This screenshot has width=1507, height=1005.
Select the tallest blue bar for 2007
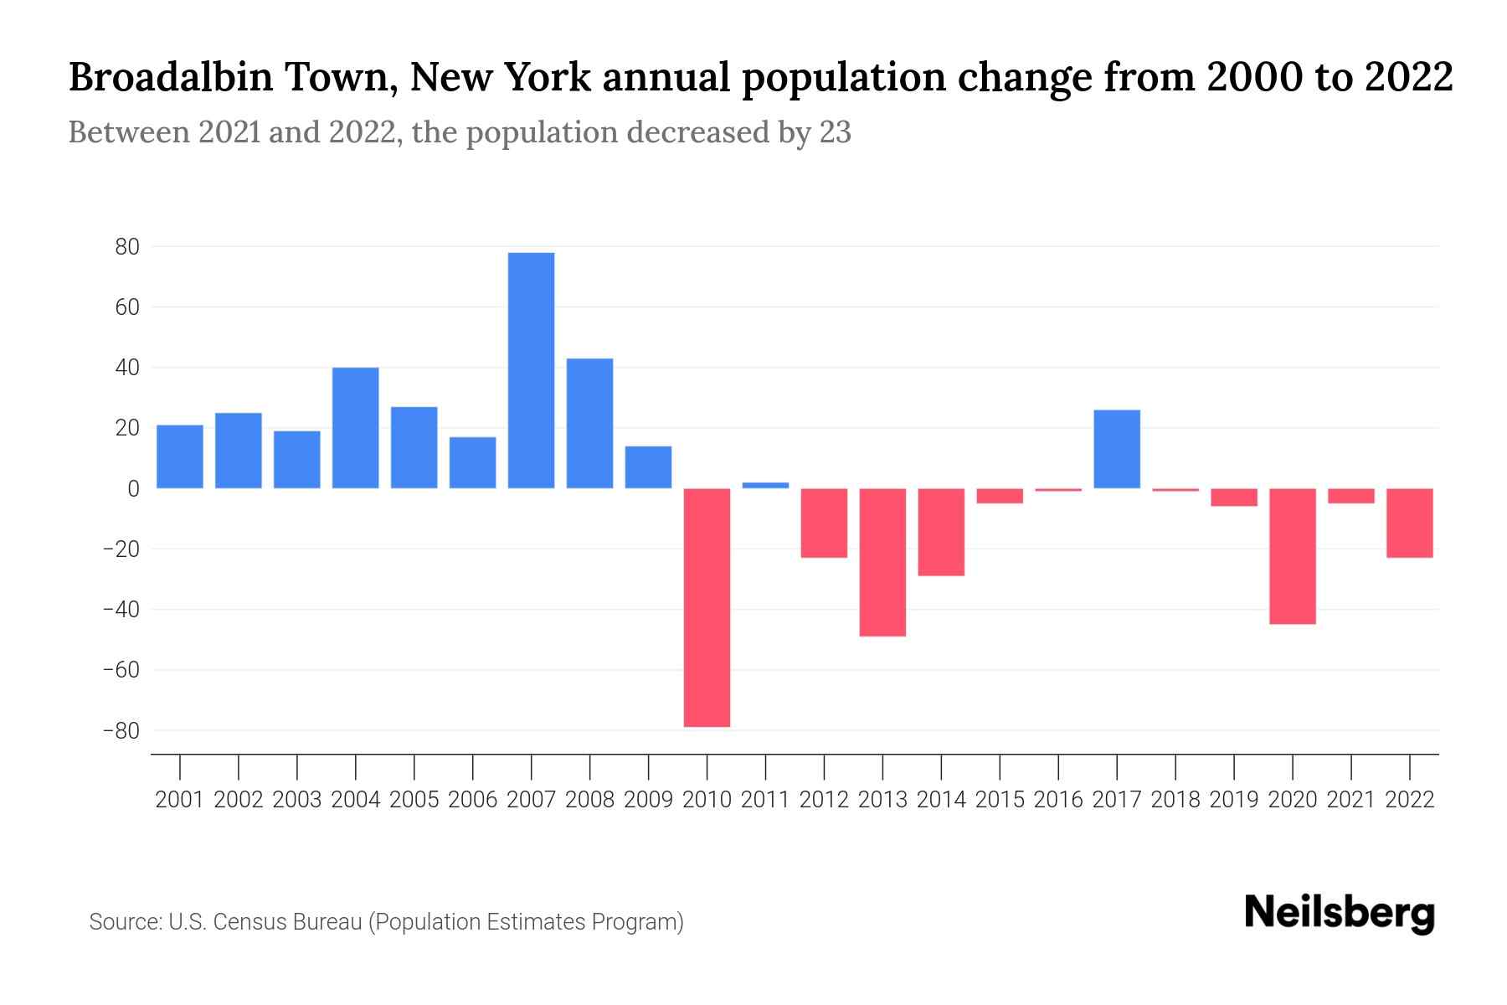click(531, 370)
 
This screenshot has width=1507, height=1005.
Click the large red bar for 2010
click(707, 607)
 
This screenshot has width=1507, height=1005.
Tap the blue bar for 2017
click(1117, 449)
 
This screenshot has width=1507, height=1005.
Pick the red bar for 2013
click(882, 562)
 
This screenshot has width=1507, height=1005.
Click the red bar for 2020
click(1292, 556)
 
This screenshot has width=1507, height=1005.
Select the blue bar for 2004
click(355, 428)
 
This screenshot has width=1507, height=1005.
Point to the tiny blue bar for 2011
click(765, 485)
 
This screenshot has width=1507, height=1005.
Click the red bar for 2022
click(1409, 523)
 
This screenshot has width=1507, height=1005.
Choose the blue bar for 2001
click(180, 456)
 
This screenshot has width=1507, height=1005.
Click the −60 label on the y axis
click(121, 670)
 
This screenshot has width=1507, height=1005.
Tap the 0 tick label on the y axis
click(133, 488)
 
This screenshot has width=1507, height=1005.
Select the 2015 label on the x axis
click(1000, 800)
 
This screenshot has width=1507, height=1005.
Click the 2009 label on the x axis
click(648, 800)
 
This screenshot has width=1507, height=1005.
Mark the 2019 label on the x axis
click(1233, 800)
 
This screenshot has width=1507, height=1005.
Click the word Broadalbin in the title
click(171, 78)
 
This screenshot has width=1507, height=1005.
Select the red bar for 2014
click(941, 532)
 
